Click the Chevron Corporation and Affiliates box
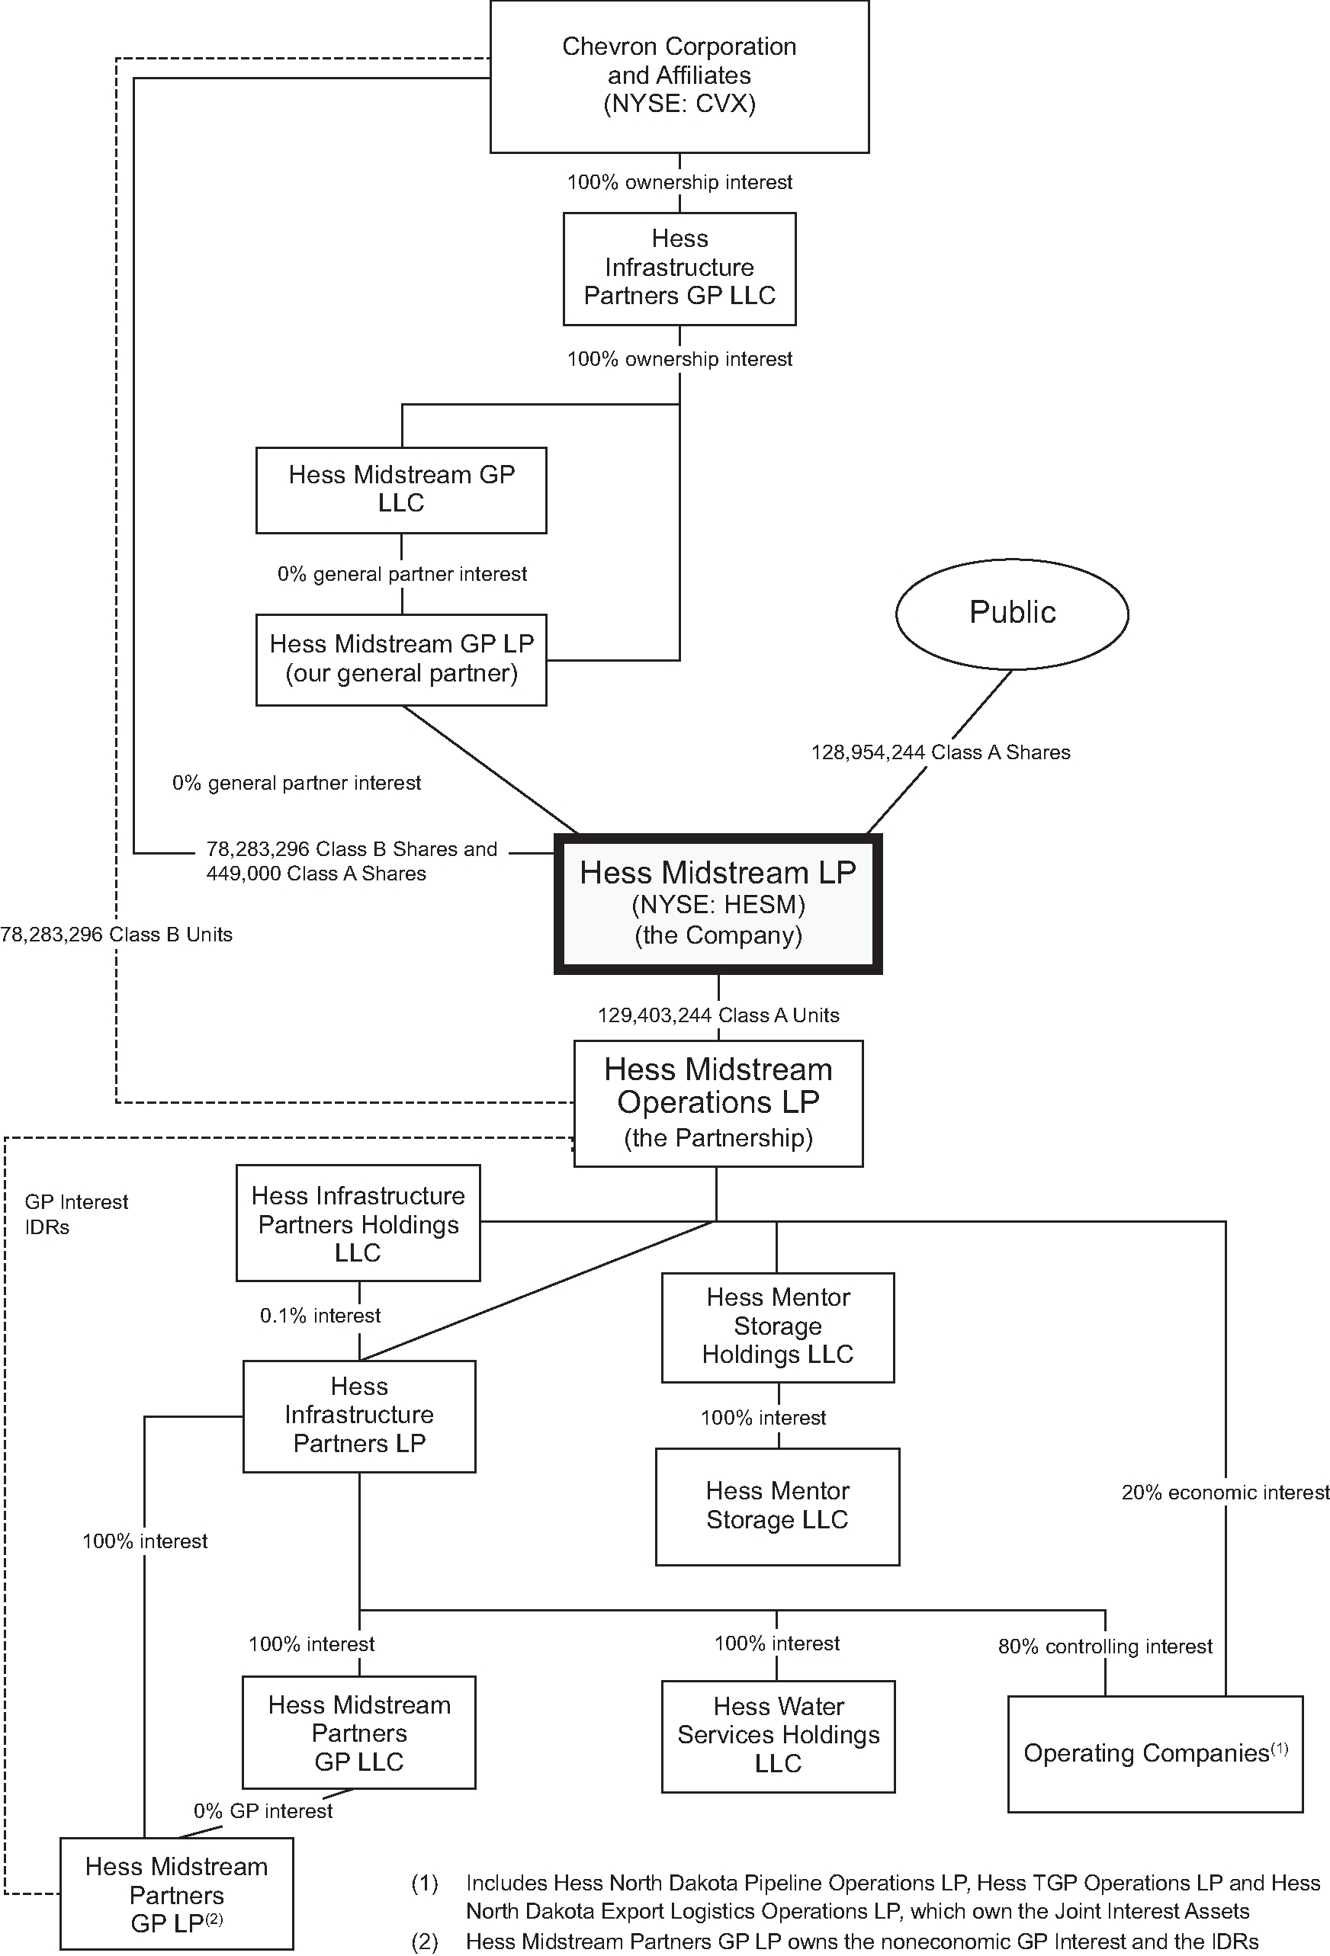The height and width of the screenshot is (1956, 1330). pyautogui.click(x=679, y=75)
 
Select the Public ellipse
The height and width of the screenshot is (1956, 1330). pyautogui.click(x=1012, y=613)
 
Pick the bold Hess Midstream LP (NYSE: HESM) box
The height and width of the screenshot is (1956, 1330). pyautogui.click(x=718, y=904)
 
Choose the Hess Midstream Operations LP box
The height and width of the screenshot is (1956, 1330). pyautogui.click(x=718, y=1102)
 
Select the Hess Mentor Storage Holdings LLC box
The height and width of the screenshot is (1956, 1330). pyautogui.click(x=778, y=1326)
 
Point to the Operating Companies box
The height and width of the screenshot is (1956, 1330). pyautogui.click(x=1155, y=1754)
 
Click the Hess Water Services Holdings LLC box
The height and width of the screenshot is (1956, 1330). pyautogui.click(x=778, y=1736)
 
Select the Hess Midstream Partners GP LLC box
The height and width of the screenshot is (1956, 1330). pyautogui.click(x=358, y=1733)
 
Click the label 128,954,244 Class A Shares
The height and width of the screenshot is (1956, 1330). pyautogui.click(x=940, y=752)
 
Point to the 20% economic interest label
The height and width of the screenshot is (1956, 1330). pyautogui.click(x=1226, y=1493)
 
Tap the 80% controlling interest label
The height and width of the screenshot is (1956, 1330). pyautogui.click(x=1104, y=1647)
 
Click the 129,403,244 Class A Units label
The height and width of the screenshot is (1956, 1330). pyautogui.click(x=718, y=1015)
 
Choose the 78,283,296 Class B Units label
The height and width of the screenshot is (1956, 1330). pyautogui.click(x=116, y=935)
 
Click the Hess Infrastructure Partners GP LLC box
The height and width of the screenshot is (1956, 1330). pyautogui.click(x=679, y=268)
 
